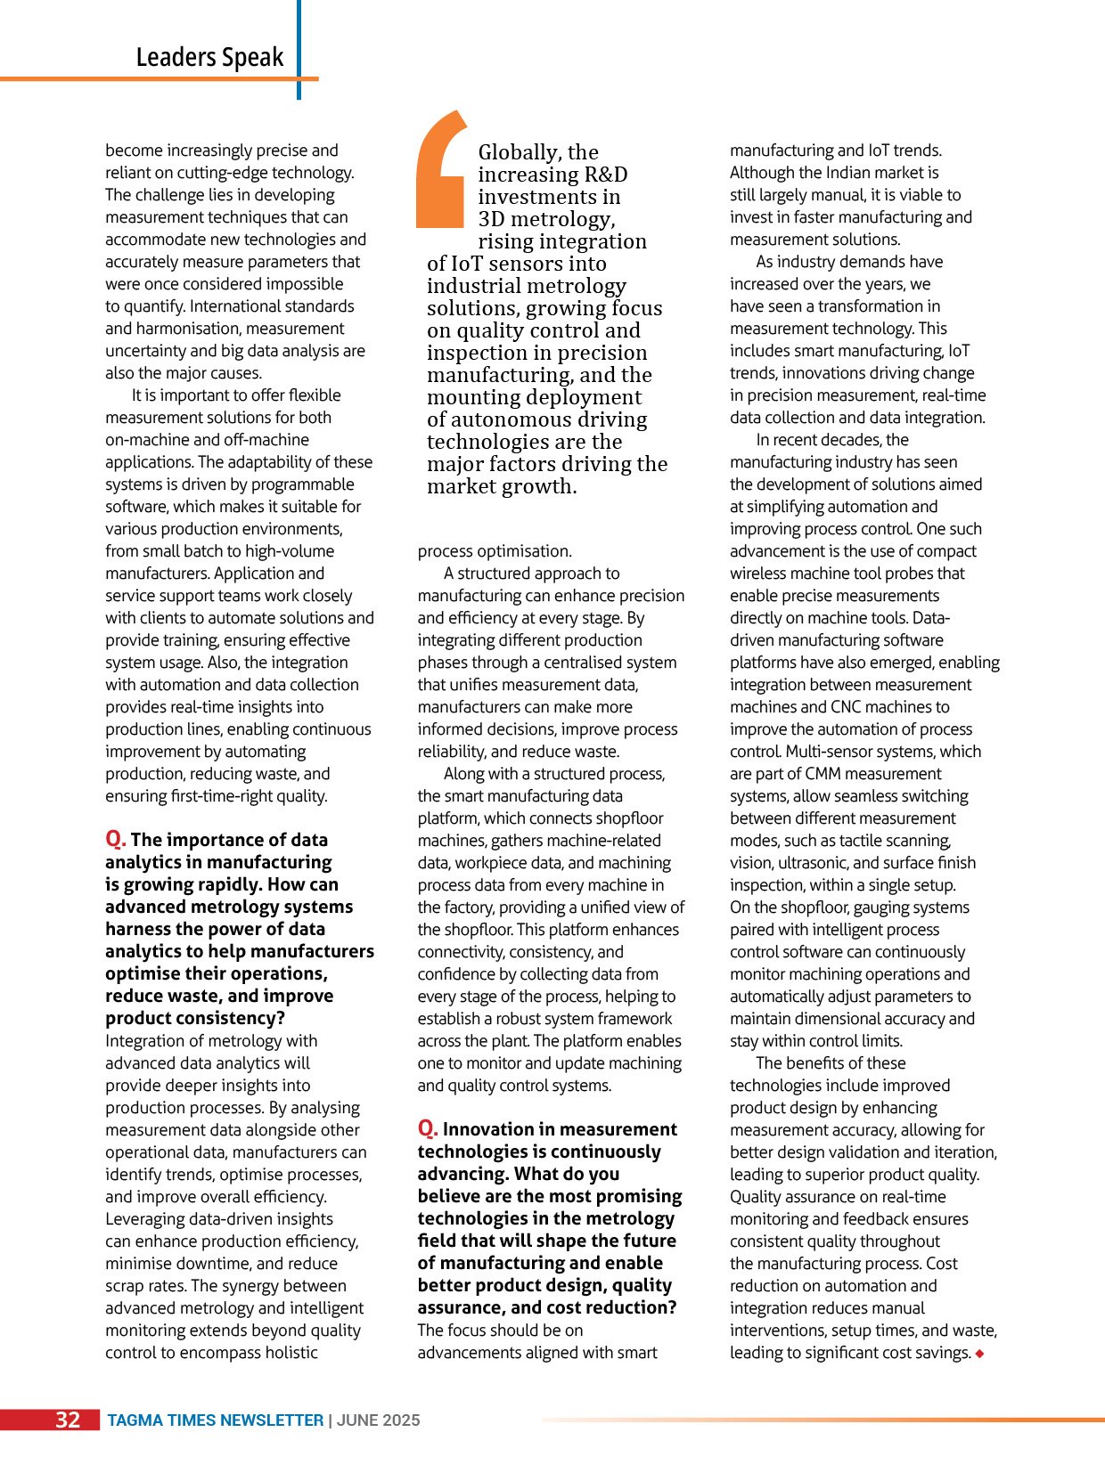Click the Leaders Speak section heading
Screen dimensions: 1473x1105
point(209,57)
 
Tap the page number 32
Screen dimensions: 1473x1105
point(69,1420)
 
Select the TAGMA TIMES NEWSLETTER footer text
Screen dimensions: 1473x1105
point(216,1420)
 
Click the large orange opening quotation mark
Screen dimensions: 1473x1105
point(441,169)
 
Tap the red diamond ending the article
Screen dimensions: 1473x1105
point(980,1354)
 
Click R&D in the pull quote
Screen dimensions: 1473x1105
point(605,175)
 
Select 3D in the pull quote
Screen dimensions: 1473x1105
point(493,219)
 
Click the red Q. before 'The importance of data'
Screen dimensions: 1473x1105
point(116,839)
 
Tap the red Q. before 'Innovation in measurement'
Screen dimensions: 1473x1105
point(428,1128)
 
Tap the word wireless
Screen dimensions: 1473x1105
point(759,574)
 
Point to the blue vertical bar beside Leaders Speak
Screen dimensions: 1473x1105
point(299,49)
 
